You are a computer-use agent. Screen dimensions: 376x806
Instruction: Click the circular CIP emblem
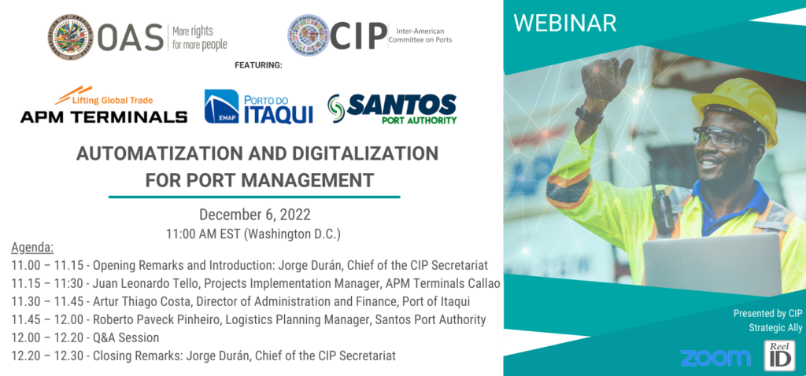pyautogui.click(x=309, y=35)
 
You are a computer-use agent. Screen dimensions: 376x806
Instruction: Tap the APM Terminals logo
pyautogui.click(x=103, y=106)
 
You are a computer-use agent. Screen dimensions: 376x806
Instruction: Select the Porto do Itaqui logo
pyautogui.click(x=258, y=107)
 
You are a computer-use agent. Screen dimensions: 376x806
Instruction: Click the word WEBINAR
pyautogui.click(x=564, y=23)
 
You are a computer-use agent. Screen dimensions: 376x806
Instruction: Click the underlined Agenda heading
pyautogui.click(x=32, y=248)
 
